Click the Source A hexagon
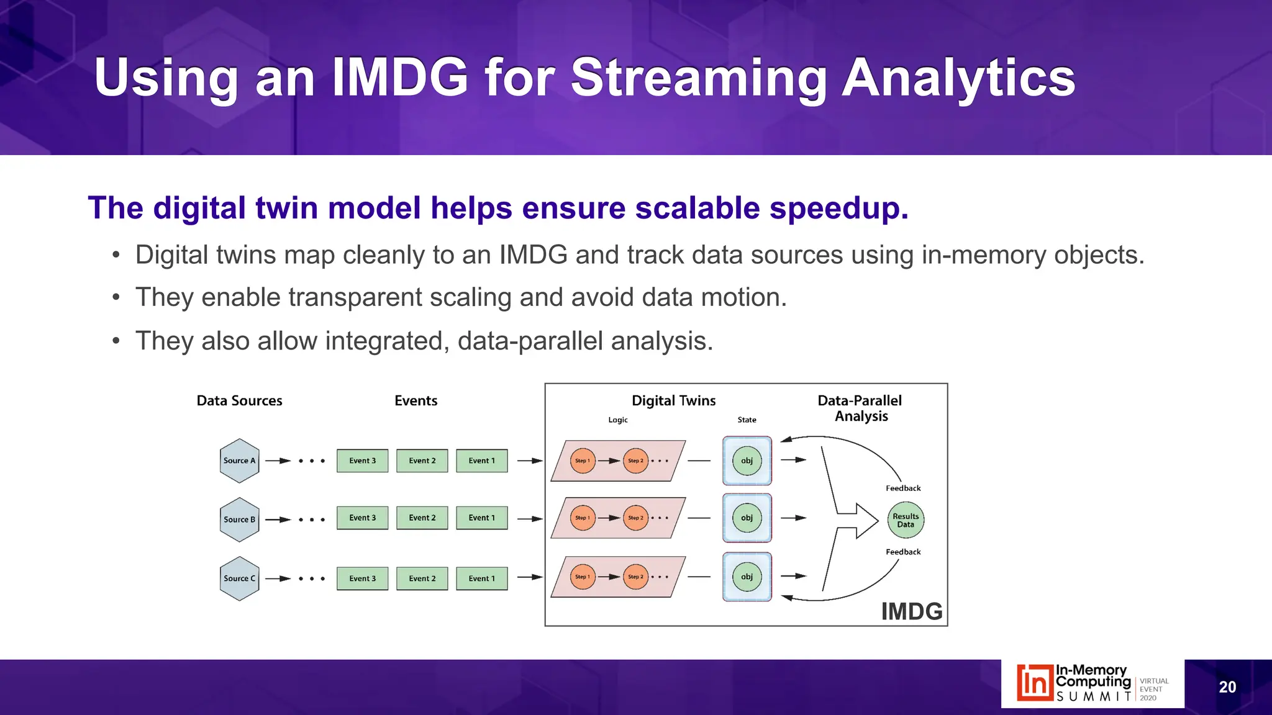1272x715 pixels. point(239,461)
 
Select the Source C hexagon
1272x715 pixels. point(239,578)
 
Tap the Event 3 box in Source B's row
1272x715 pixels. point(362,518)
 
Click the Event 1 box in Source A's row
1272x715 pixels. point(481,461)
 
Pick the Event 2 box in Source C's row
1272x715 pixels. point(422,578)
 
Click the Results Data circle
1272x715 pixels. point(905,520)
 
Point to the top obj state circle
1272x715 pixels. point(747,461)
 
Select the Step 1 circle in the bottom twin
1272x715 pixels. point(582,577)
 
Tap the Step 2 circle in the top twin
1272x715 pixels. point(635,461)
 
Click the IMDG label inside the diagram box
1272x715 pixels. point(911,611)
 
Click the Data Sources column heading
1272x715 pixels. point(239,400)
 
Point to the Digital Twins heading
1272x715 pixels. point(673,400)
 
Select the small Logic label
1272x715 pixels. point(617,420)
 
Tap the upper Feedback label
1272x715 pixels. point(902,488)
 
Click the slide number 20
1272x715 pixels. point(1227,687)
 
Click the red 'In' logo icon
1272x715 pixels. point(1034,683)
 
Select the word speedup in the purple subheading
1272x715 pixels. point(838,208)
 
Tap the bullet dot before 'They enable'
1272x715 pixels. point(116,298)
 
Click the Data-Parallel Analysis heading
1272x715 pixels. point(860,408)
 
